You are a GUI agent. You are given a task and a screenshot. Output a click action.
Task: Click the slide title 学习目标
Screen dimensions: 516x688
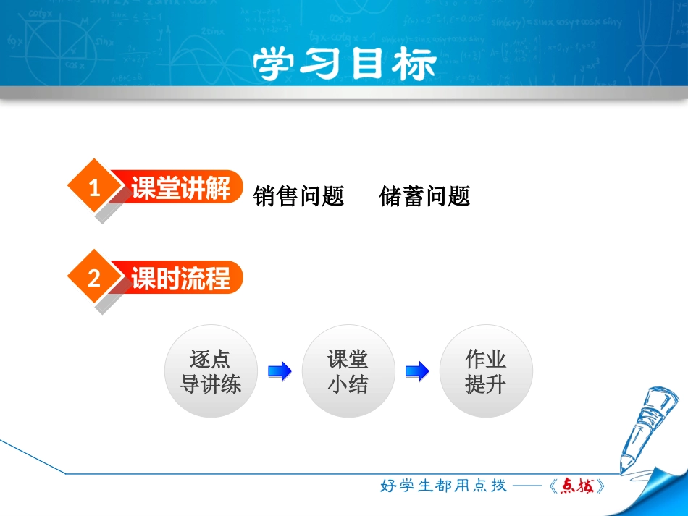coord(345,65)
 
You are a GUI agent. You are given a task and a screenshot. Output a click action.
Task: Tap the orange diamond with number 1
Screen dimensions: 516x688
coord(94,188)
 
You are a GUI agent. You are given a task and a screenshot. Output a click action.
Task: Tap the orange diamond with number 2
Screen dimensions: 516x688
coord(94,278)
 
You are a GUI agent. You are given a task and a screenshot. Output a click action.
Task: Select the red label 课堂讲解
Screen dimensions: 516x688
coord(180,188)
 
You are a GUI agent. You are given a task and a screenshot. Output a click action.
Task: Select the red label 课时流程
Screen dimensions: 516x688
coord(180,278)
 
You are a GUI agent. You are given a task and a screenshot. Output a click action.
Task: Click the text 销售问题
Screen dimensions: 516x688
coord(299,196)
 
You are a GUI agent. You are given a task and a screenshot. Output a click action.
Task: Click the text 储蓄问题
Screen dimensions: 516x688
coord(425,196)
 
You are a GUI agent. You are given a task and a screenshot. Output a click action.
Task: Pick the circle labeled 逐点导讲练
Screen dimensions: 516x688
coord(211,371)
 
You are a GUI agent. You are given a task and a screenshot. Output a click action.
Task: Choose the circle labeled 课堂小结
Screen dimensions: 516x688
coord(348,371)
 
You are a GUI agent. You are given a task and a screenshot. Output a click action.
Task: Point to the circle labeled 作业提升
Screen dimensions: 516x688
coord(486,371)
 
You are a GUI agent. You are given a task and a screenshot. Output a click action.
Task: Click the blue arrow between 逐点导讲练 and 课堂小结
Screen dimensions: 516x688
coord(280,372)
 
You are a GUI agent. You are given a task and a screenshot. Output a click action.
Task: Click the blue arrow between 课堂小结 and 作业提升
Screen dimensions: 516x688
coord(417,372)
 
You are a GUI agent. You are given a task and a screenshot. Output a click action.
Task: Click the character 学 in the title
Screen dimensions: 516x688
coord(277,65)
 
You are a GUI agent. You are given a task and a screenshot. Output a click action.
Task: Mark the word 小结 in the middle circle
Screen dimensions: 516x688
coord(348,384)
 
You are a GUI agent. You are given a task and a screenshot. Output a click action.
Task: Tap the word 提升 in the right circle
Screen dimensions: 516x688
coord(486,384)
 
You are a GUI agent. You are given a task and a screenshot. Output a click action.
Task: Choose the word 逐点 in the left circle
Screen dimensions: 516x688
coord(211,359)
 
